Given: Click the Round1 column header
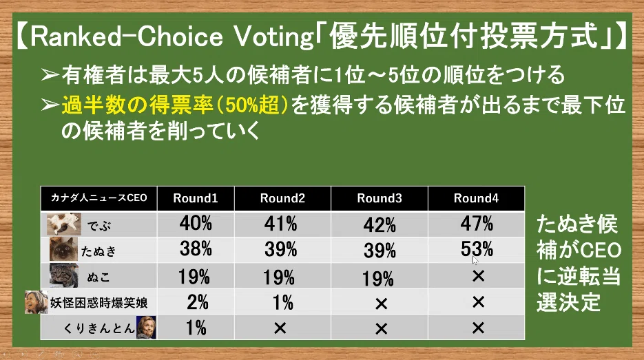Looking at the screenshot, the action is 196,198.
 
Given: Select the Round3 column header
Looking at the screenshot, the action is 379,198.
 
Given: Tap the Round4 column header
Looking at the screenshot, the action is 476,198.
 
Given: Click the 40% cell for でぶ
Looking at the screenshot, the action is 196,224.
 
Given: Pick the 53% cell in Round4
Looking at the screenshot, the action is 477,249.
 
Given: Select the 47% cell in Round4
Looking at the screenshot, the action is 477,224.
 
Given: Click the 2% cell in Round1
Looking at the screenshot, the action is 197,302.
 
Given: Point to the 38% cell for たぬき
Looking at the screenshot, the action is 196,249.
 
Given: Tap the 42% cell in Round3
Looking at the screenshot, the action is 380,224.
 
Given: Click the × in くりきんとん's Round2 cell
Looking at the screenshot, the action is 280,328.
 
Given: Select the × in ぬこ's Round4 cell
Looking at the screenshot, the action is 478,276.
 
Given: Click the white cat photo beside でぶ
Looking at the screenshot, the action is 63,224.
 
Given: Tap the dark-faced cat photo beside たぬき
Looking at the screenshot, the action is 63,249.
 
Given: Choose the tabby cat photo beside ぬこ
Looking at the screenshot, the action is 63,275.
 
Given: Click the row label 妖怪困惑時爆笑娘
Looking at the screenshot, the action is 98,303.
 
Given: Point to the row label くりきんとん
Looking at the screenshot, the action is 99,328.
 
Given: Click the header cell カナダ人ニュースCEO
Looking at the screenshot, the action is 98,198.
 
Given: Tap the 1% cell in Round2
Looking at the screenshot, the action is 282,303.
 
